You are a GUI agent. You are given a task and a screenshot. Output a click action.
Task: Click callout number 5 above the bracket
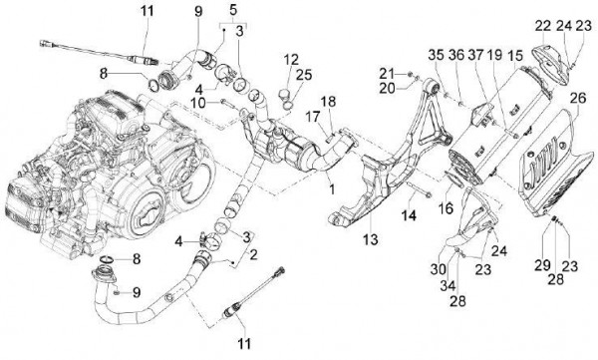[233, 9]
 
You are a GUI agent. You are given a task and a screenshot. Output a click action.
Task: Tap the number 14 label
[407, 214]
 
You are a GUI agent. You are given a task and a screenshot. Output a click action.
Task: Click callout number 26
[577, 99]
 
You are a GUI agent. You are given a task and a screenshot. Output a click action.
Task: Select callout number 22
[541, 24]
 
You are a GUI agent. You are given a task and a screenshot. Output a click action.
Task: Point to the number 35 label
[436, 54]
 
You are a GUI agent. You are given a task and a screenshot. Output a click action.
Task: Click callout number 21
[390, 71]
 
